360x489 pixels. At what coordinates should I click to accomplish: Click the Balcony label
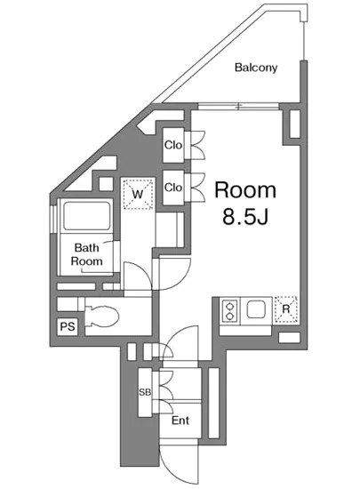click(x=256, y=68)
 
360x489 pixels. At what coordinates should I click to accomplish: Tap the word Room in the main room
click(x=245, y=189)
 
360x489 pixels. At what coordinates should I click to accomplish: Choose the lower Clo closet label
click(x=172, y=188)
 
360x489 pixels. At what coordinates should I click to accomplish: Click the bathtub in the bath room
click(x=84, y=216)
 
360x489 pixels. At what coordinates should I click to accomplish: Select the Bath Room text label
click(x=87, y=255)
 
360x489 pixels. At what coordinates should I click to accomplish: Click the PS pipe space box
click(x=67, y=327)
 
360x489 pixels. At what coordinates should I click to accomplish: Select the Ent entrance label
click(x=180, y=421)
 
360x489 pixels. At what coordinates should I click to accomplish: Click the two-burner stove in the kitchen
click(x=229, y=311)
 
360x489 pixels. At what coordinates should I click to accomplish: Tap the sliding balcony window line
click(x=238, y=106)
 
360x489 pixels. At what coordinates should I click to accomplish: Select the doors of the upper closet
click(x=196, y=145)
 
